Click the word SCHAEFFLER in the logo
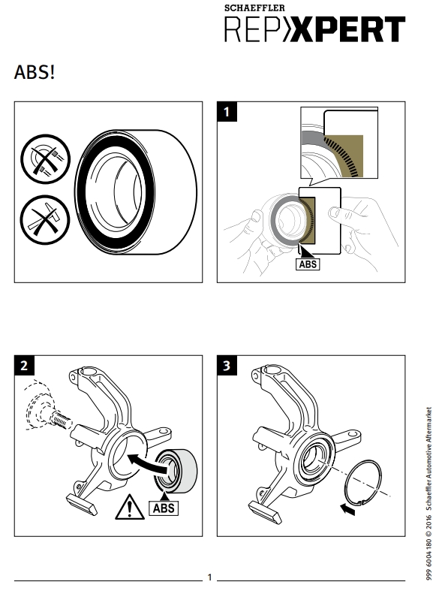254,8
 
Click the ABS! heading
35,72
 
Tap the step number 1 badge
227,112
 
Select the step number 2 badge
24,366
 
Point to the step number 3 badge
227,366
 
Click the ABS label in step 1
308,264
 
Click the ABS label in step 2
164,508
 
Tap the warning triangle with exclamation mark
129,507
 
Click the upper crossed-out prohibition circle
46,158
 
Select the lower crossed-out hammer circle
45,220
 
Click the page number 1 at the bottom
209,577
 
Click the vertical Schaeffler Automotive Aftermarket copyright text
428,493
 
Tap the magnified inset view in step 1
339,143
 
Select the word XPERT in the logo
349,29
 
